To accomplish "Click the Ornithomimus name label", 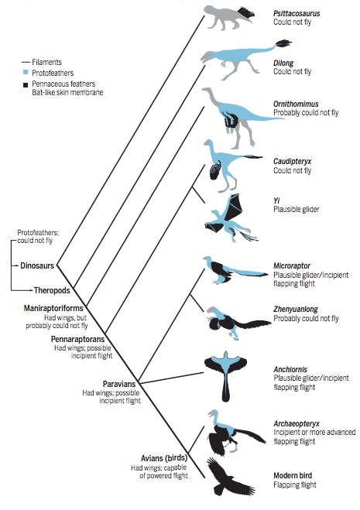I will pos(297,104).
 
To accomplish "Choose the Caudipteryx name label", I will pos(294,160).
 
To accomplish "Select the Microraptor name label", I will pos(293,265).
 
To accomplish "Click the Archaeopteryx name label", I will pos(299,424).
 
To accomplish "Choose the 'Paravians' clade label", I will pos(120,383).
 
